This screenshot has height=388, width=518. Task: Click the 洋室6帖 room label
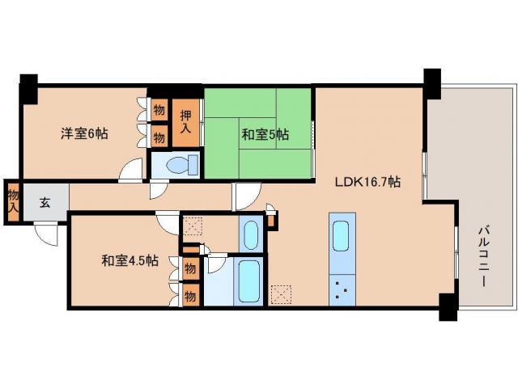coord(83,133)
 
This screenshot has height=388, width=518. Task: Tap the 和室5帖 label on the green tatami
coord(265,135)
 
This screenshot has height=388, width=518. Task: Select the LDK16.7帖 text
coord(368,183)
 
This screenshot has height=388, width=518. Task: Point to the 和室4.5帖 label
coord(129,260)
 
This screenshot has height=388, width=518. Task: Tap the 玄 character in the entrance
coord(45,203)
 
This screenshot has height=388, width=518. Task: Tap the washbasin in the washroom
coord(249,234)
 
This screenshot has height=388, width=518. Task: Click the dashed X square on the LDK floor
coord(281,293)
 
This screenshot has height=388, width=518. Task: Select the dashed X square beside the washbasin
coord(192,226)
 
